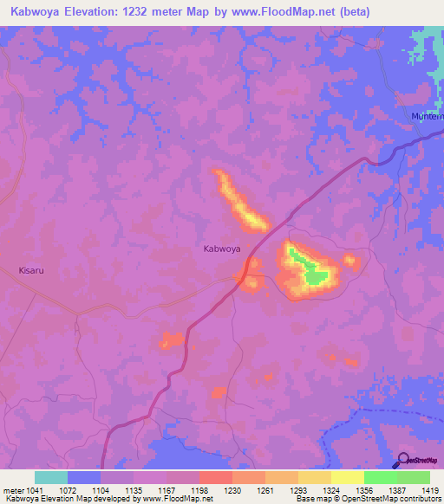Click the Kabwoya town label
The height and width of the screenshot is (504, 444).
click(221, 249)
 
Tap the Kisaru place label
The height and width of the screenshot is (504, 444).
click(31, 270)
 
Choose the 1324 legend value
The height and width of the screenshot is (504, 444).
click(316, 489)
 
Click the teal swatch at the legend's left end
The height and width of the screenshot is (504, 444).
click(51, 477)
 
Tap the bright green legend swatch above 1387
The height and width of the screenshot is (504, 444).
click(380, 477)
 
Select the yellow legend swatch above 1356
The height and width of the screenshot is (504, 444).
click(347, 477)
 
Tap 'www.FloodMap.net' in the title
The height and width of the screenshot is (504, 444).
click(277, 12)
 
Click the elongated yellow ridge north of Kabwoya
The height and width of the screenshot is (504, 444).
click(240, 203)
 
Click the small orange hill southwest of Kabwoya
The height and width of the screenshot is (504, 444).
click(170, 339)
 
